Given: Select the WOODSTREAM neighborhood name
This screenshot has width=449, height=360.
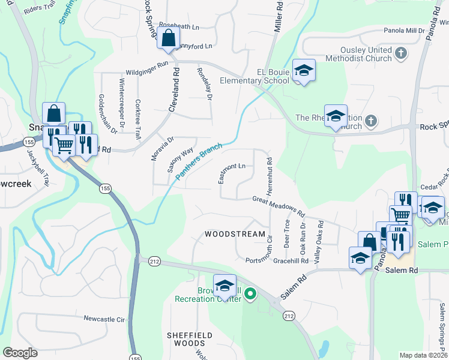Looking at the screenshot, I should (235, 234).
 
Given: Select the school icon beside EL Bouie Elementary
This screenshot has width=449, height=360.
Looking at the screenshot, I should (304, 71).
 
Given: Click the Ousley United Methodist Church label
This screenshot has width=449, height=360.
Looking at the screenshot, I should (365, 55).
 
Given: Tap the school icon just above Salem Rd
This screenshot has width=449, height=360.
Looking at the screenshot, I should (360, 258).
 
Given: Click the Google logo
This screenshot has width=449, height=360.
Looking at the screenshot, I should (20, 353).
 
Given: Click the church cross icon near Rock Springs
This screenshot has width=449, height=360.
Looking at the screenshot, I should (371, 121).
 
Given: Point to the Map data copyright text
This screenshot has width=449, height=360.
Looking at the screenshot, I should (423, 355).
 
